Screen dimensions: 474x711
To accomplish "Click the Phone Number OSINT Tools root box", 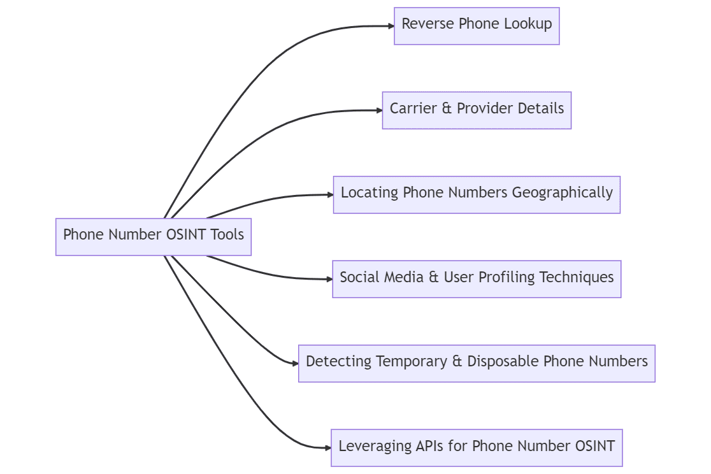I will coord(154,236).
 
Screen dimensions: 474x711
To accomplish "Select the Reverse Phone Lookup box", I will coord(477,26).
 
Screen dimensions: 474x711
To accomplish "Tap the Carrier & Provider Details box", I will coord(477,110).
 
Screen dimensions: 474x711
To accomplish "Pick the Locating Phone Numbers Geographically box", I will coord(477,194).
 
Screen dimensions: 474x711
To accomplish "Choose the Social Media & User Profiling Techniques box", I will coord(477,278).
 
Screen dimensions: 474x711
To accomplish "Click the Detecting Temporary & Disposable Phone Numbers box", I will coord(477,363).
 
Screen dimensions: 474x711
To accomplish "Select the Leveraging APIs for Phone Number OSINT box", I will coord(477,447).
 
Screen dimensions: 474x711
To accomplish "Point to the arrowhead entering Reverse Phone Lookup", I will coord(391,26).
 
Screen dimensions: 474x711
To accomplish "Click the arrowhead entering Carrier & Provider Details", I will coord(379,110).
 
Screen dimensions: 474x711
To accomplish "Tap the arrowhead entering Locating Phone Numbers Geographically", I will coord(330,194).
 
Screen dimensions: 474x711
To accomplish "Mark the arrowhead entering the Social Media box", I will coord(329,278).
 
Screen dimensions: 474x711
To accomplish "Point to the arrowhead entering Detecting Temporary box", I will coord(295,363).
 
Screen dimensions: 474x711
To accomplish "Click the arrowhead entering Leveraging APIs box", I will coord(327,447).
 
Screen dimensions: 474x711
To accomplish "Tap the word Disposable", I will coord(503,361).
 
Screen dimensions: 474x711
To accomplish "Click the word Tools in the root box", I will coord(227,234).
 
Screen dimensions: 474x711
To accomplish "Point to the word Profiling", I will coord(507,277).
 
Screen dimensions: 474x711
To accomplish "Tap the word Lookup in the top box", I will coord(528,24).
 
